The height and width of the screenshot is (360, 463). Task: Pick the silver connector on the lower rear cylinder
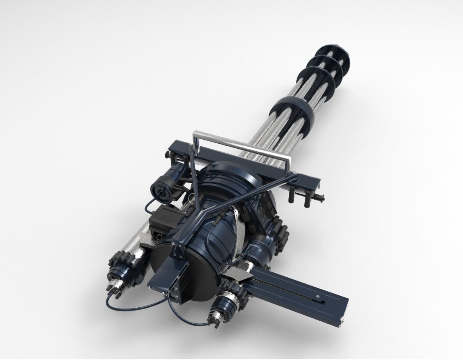click(216, 318)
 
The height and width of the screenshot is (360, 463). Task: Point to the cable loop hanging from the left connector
click(132, 307)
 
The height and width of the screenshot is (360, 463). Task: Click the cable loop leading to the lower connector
click(185, 317)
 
